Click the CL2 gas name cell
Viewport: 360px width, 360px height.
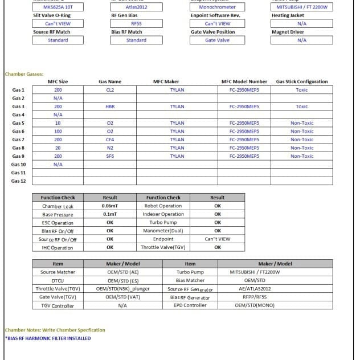(x=110, y=90)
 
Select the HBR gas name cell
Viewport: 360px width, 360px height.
(x=110, y=107)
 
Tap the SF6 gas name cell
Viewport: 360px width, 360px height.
(x=110, y=156)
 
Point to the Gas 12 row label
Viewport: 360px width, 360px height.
(x=19, y=181)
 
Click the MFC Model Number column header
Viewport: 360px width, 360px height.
(x=244, y=81)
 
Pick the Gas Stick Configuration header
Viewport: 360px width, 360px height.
(x=302, y=81)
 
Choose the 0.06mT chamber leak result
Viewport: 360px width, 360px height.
(x=110, y=206)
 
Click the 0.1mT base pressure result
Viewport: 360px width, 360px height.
(x=110, y=214)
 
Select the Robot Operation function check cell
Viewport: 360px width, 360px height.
(x=163, y=206)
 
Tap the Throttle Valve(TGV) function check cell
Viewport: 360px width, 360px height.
(x=163, y=248)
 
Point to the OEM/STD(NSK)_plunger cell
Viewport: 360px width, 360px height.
(x=122, y=289)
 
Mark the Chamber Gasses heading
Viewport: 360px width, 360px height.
(x=24, y=74)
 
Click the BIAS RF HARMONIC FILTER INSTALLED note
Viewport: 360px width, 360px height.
(x=48, y=338)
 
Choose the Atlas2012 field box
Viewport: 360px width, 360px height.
(x=136, y=7)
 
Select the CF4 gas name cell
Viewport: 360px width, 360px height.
(x=110, y=140)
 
